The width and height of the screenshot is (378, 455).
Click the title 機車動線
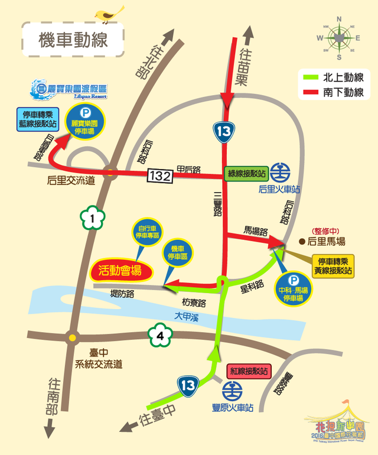73,41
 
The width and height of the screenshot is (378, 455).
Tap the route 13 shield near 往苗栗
223,132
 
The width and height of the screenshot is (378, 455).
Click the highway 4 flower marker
159,337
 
